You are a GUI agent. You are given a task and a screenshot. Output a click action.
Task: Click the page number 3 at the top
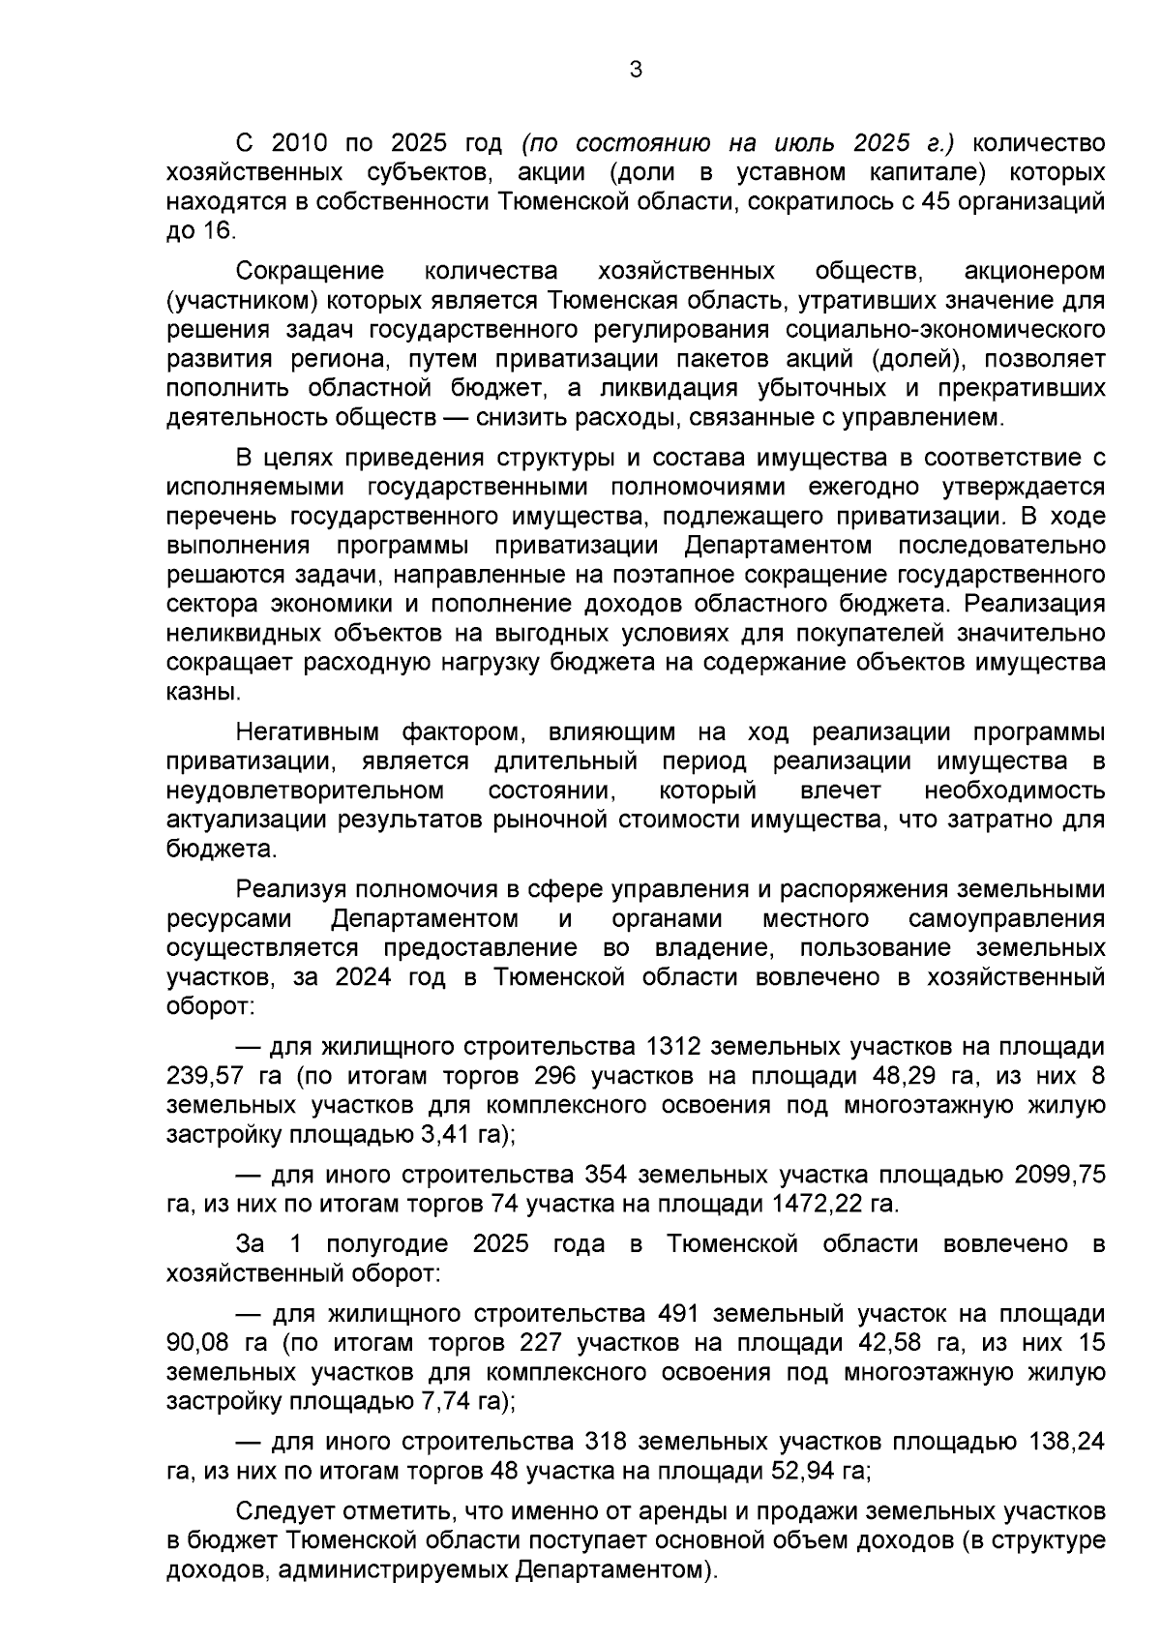click(x=635, y=70)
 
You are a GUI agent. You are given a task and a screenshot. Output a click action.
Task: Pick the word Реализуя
click(x=291, y=888)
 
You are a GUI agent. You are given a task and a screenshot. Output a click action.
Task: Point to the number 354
click(x=607, y=1175)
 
